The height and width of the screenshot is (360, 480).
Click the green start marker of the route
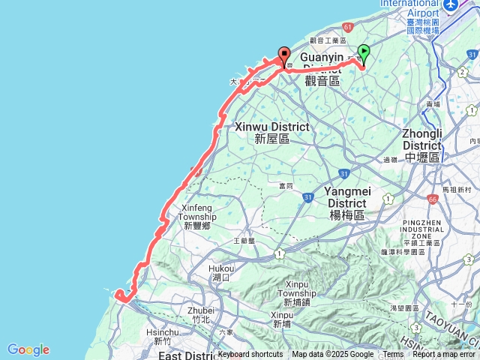364,52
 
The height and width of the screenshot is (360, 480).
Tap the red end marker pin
284,55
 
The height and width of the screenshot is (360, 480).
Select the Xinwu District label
271,133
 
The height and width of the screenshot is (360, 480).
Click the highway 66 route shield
433,200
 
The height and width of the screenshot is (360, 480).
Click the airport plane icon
451,5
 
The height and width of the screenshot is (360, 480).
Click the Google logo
28,349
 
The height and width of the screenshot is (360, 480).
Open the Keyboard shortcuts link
250,355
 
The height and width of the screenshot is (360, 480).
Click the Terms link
393,355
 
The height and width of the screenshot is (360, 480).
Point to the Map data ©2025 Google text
333,355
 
